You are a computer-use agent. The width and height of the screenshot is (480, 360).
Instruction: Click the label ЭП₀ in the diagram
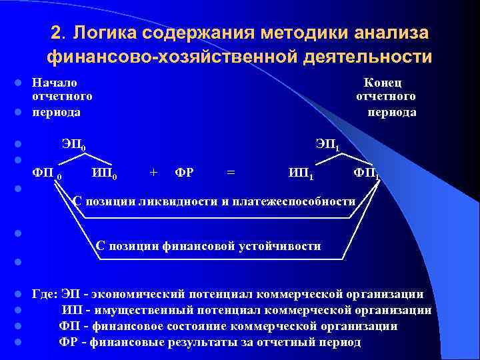[73, 145]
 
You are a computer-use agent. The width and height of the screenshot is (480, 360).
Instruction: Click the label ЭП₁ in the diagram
[328, 145]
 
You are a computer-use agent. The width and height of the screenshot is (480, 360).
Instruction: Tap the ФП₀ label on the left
[47, 174]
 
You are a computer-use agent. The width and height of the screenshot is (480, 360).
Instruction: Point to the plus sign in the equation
[154, 173]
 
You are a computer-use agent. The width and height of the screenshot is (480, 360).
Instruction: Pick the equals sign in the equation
[231, 173]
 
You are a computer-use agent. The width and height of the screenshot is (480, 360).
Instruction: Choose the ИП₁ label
[301, 174]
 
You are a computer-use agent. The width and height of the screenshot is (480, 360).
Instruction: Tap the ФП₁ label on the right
[367, 174]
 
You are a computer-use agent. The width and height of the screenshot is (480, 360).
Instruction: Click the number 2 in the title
[57, 33]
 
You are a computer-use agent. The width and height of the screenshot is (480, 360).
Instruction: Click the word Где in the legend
[45, 294]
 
